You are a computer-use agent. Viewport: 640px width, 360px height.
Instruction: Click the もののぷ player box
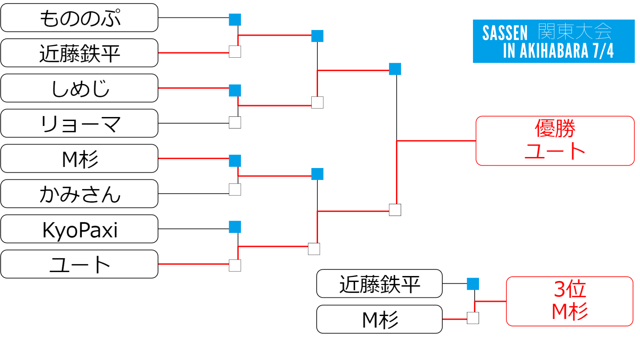[x=79, y=18]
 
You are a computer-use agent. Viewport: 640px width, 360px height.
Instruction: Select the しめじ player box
[x=79, y=88]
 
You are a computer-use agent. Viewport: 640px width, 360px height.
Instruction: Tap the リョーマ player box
[x=79, y=123]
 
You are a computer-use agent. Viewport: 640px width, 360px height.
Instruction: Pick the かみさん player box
[x=79, y=194]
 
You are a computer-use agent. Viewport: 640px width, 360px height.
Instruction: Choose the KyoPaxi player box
[x=79, y=229]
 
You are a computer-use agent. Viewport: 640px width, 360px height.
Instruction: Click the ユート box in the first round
[x=79, y=264]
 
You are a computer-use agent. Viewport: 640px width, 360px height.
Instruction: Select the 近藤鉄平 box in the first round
[x=79, y=53]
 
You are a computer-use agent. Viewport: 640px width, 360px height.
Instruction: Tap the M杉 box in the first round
[x=79, y=159]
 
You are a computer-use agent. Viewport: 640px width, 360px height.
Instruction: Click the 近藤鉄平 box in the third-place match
[x=379, y=284]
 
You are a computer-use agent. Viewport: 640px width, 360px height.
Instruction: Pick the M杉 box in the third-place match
[x=379, y=319]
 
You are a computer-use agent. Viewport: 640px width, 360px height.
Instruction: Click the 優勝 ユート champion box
[x=555, y=141]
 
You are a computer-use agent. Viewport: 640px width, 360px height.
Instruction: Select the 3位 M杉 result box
[x=569, y=301]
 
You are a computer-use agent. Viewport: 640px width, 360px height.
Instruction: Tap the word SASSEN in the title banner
[x=505, y=33]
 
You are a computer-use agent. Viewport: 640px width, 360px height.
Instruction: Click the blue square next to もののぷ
[x=235, y=20]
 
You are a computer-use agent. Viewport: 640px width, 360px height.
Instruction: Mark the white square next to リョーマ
[x=235, y=122]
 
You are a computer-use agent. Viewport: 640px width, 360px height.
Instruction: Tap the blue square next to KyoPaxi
[x=235, y=227]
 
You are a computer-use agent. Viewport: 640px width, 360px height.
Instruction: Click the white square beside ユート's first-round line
[x=235, y=266]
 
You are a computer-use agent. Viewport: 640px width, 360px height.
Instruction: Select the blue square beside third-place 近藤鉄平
[x=473, y=284]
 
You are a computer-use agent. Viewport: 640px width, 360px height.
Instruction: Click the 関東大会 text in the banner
[x=575, y=32]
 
